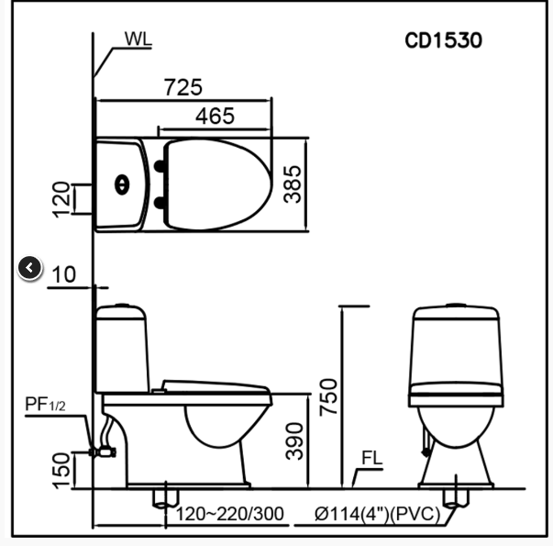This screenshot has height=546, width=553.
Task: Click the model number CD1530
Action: (443, 40)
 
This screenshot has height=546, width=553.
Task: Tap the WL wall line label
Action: (138, 39)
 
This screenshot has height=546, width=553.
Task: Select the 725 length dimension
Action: (183, 87)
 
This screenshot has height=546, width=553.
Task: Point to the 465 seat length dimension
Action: (215, 117)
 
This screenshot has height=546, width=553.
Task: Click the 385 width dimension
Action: (293, 184)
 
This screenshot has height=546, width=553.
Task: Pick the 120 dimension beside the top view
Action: (61, 199)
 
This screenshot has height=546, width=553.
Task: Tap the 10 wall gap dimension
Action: (64, 274)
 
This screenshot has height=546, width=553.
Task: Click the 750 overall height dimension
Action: (328, 397)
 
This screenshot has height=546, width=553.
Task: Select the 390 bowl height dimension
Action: (294, 441)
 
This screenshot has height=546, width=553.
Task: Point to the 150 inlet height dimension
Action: (61, 471)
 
